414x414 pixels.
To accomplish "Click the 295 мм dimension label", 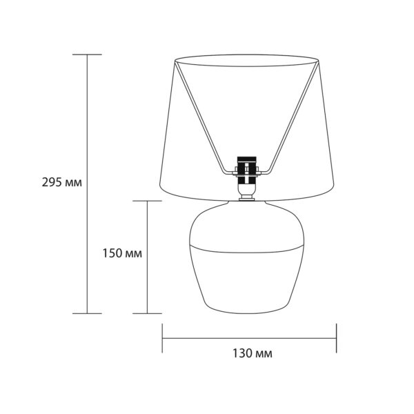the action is pos(62,182).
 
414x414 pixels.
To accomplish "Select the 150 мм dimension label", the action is pos(122,253).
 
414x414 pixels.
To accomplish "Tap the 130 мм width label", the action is pos(252,353).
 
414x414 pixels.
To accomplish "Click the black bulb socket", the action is pos(246,170).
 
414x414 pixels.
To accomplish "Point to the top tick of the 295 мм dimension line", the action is pos(87,55).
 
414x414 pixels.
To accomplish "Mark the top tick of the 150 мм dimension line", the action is pos(147,201).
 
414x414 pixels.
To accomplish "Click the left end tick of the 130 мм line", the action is pos(162,338).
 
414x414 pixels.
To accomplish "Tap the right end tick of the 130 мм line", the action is pos(337,338).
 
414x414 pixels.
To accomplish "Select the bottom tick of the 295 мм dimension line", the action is pos(87,313).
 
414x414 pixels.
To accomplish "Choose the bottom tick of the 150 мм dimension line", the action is pos(147,313).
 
